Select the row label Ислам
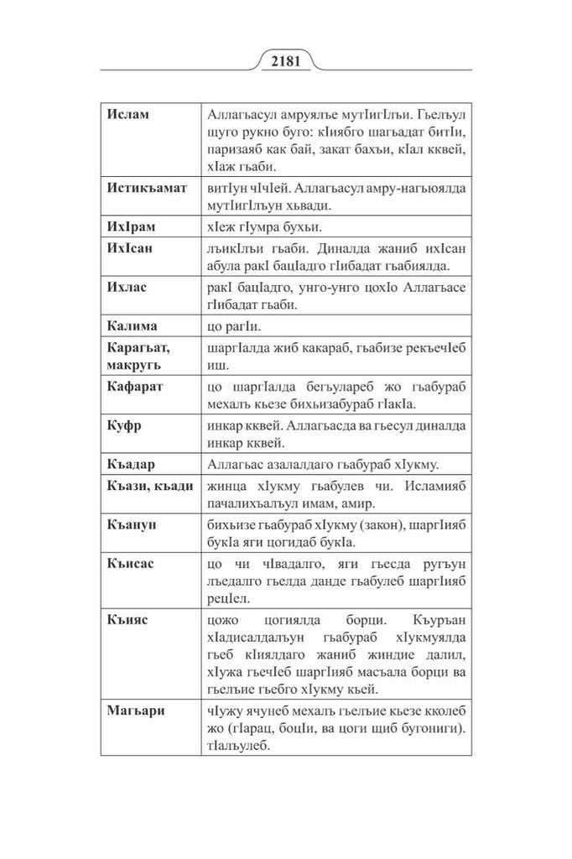coord(128,114)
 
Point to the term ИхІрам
coord(132,226)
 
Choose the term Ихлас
coord(127,287)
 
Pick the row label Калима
coord(133,325)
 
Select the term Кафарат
coord(135,387)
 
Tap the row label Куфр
coord(124,425)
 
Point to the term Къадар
coord(132,464)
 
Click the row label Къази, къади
coord(150,485)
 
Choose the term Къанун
coord(132,523)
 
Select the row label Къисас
coord(131,562)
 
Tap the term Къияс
coord(127,622)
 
